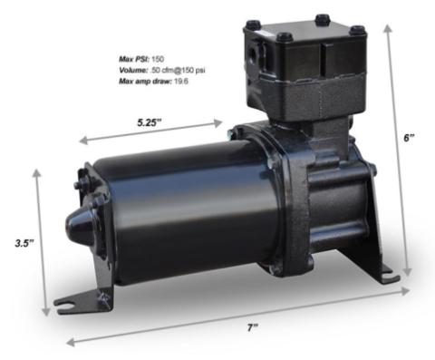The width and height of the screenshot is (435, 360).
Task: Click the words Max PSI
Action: click(x=132, y=55)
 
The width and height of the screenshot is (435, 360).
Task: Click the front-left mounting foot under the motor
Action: click(x=102, y=297)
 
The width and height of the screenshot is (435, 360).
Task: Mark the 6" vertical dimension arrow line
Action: click(x=400, y=154)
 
